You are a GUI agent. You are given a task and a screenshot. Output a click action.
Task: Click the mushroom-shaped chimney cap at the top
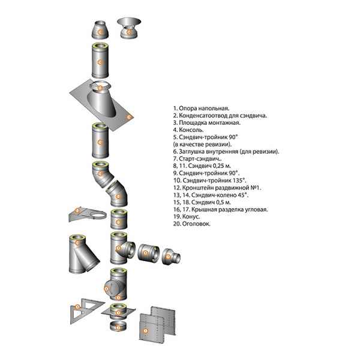coord(128,26)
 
